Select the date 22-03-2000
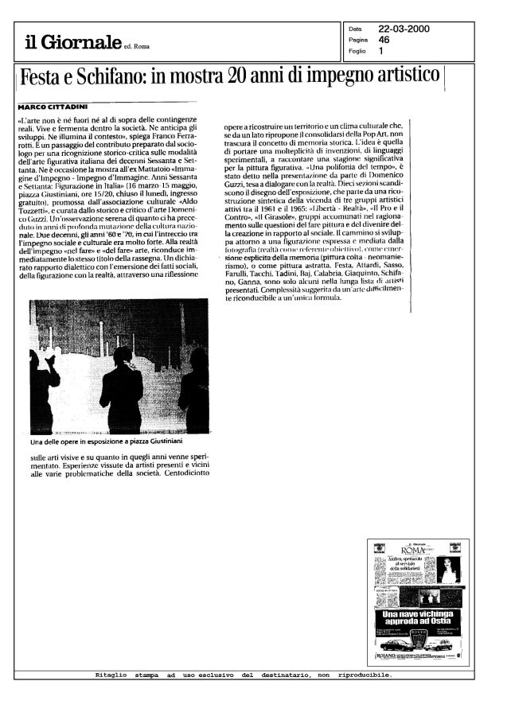(x=405, y=29)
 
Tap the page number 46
(x=385, y=39)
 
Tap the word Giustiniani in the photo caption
(x=179, y=442)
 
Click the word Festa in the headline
(x=41, y=76)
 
